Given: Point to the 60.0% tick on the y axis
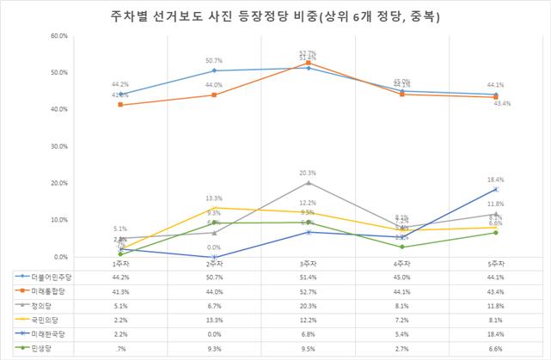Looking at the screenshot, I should [x=35, y=36].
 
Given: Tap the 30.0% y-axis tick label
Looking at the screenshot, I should [x=35, y=147].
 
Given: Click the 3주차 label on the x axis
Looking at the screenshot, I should [x=308, y=264].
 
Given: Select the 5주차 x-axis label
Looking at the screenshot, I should [x=494, y=264].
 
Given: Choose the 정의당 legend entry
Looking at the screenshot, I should [x=38, y=306].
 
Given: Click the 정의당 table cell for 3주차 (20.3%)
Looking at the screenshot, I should [x=308, y=306].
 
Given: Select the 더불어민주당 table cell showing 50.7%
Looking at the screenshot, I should [x=214, y=277].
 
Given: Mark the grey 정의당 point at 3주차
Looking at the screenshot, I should [x=308, y=182].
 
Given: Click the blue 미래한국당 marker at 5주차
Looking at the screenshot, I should [x=495, y=189].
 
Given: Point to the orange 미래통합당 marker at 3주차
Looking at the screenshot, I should [x=308, y=63].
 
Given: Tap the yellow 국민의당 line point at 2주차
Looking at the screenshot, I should [x=214, y=208].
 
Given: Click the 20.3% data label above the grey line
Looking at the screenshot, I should [x=308, y=173].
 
